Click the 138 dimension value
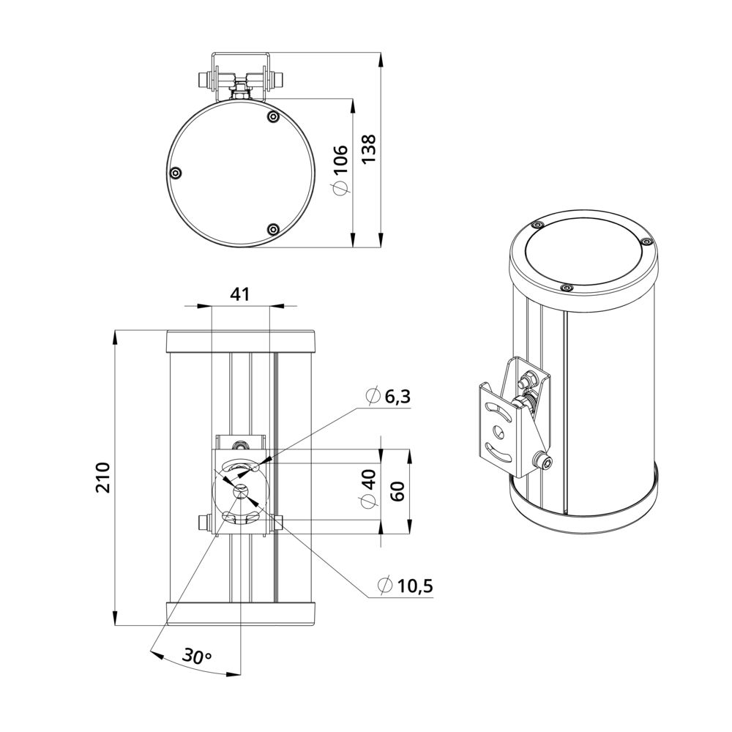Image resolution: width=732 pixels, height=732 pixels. (x=369, y=149)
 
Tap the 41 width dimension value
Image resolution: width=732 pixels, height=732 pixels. (x=240, y=294)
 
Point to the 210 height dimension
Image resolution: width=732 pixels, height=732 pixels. (x=102, y=477)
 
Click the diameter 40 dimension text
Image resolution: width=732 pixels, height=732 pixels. (x=368, y=488)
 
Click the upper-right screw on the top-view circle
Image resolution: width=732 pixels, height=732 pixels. (x=273, y=116)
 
